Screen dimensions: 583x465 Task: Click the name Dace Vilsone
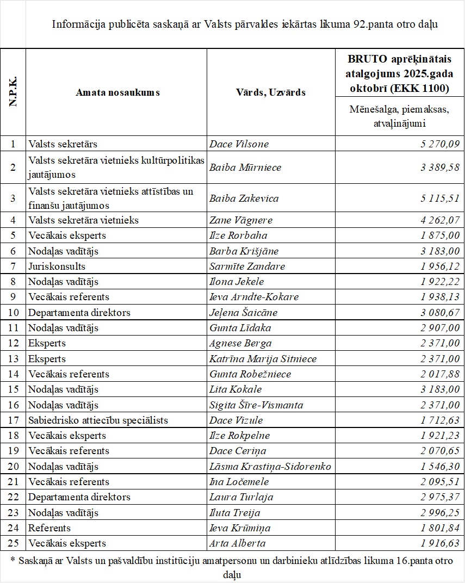[239, 144]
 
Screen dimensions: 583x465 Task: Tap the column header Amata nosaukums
[117, 92]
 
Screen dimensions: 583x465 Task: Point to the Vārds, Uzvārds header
[271, 92]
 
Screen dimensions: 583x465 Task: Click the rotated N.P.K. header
[13, 92]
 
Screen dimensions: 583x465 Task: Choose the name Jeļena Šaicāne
[243, 313]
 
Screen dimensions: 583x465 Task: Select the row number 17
[13, 420]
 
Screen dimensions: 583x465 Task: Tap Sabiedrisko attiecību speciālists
[98, 420]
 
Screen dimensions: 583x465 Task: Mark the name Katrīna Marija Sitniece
[263, 359]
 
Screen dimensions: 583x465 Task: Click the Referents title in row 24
[49, 528]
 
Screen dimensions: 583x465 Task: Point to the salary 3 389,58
[440, 168]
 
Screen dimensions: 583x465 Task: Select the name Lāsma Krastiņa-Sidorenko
[270, 467]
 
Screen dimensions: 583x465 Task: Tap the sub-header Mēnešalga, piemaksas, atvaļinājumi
[399, 116]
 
